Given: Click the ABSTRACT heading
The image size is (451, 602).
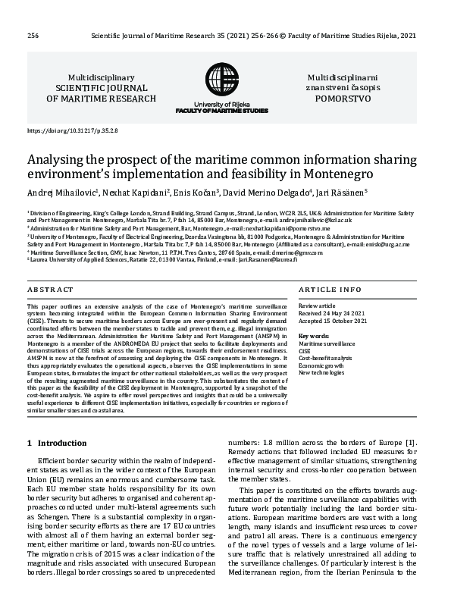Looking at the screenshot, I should coord(51,290).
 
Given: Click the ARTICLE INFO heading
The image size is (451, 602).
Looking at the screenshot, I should coord(330,290).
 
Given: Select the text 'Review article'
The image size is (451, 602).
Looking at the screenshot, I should coord(318,305).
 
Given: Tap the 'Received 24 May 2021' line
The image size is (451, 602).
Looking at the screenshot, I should coord(333,312).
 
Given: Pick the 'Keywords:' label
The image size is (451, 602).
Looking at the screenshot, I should coord(315,335).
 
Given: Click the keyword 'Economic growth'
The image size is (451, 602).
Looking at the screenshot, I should coord(321,365).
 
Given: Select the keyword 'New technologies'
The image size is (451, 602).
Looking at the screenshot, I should coord(322,373).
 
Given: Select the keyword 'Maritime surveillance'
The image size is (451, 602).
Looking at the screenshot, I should coord(327,343).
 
